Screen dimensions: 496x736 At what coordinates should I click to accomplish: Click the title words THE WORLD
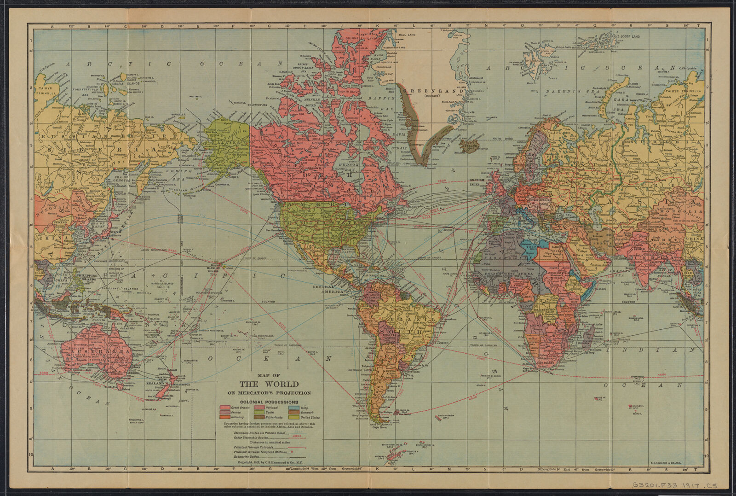tap(269, 384)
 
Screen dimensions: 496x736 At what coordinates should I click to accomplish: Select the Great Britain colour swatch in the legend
tap(224, 408)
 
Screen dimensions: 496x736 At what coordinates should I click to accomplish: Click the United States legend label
tap(310, 418)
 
